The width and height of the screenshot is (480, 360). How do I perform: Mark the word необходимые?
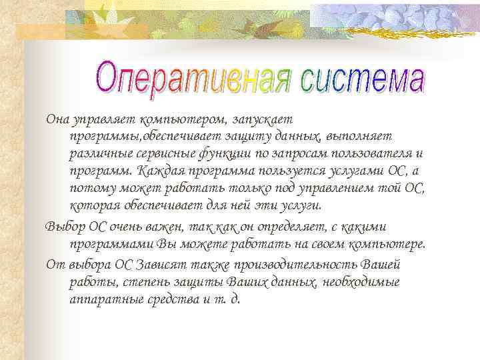(361, 281)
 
